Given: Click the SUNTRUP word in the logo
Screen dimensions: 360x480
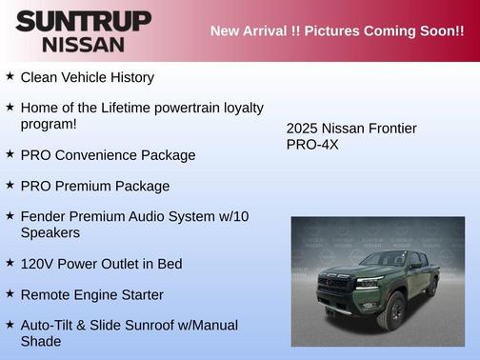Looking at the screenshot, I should click(83, 20).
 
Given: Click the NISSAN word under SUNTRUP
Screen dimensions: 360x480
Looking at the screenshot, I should click(83, 43).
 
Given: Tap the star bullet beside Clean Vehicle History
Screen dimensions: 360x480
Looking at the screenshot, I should click(10, 76).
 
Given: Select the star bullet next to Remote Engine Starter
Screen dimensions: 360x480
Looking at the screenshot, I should click(10, 294).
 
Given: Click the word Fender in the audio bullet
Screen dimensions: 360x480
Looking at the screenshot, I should click(43, 216).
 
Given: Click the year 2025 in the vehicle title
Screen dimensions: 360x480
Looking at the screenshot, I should click(304, 129).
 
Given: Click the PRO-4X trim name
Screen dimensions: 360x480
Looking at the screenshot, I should click(312, 145).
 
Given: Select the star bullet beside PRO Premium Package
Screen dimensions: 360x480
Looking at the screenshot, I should click(10, 185).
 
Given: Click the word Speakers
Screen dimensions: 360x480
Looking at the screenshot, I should click(50, 232).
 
